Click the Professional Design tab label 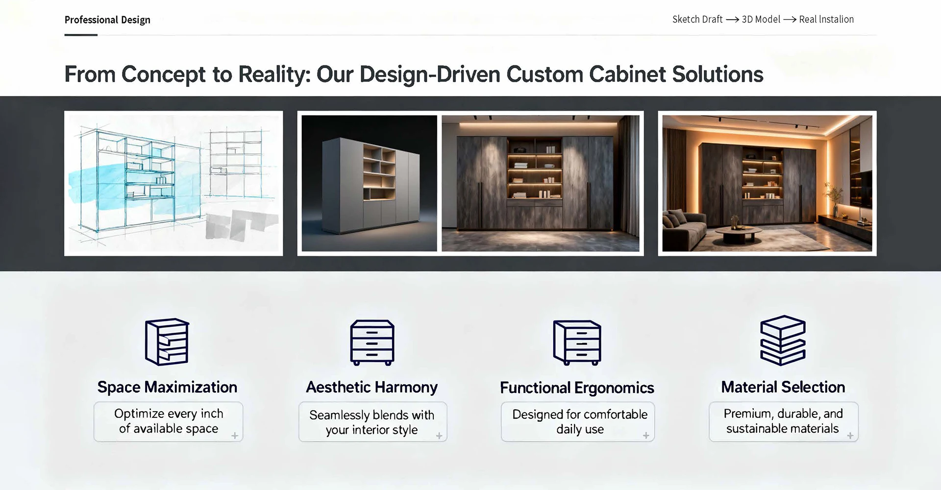pos(107,20)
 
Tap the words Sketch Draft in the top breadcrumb pos(697,20)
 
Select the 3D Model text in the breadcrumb pos(761,20)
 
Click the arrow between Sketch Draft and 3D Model pos(732,20)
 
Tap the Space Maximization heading pos(167,387)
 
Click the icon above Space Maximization pos(167,342)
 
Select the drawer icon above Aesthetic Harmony pos(372,343)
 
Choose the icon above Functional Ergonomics pos(577,343)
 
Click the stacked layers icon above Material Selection pos(783,340)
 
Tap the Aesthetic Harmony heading pos(372,387)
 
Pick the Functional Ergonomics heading pos(577,388)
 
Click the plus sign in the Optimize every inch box pos(235,436)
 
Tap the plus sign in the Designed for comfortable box pos(646,435)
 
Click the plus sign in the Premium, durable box pos(850,435)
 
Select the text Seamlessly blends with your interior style pos(372,422)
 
